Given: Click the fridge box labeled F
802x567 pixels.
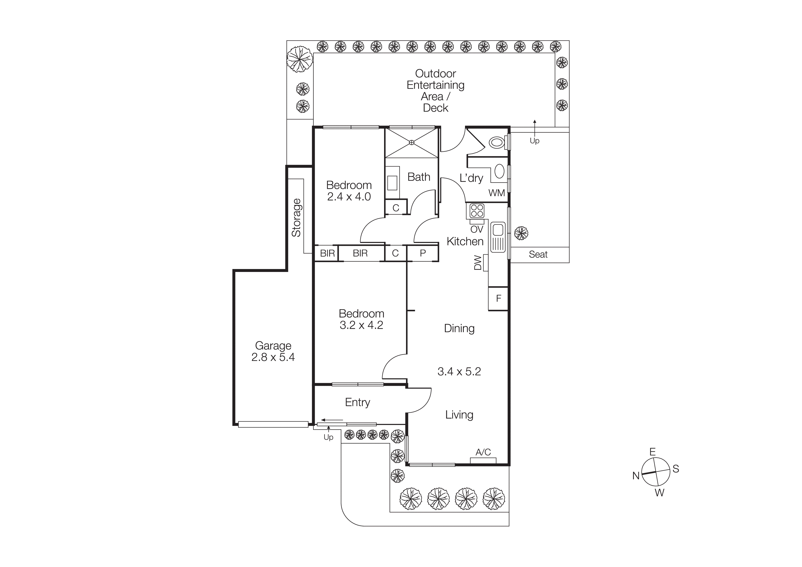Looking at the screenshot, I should pos(498,298).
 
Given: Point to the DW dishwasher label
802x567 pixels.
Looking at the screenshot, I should pos(478,263).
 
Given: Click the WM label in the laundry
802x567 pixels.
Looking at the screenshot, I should pos(496,193).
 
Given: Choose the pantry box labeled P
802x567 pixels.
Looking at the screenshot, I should pos(423,253).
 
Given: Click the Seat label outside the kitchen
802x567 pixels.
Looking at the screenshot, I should pos(538,254).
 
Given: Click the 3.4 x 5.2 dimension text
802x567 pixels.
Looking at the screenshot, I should pos(459,371).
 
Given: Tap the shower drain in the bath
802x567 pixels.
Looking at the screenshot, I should pos(412,142).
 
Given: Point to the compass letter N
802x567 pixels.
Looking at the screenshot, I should pos(636,476).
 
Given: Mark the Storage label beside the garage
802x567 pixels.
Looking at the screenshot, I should pos(296,218).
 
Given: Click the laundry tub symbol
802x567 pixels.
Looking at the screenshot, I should pos(500,172).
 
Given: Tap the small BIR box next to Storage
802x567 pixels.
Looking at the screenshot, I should pos(327,253).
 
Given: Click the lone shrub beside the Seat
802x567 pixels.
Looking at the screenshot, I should pos(521,233).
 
